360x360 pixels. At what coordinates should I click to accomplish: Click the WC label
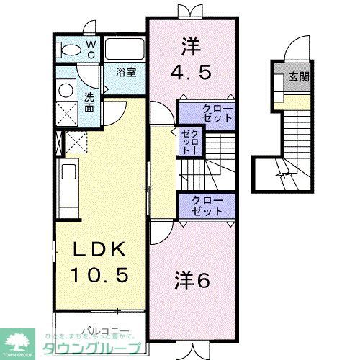91,48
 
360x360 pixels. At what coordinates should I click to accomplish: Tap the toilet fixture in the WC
71,48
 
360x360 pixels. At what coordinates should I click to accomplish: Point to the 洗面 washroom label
89,102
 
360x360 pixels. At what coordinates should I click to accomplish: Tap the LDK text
102,251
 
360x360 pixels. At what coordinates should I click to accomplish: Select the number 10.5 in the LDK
102,274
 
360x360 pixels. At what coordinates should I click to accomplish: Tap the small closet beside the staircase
189,141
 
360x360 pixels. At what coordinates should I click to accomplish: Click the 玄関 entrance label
300,77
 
